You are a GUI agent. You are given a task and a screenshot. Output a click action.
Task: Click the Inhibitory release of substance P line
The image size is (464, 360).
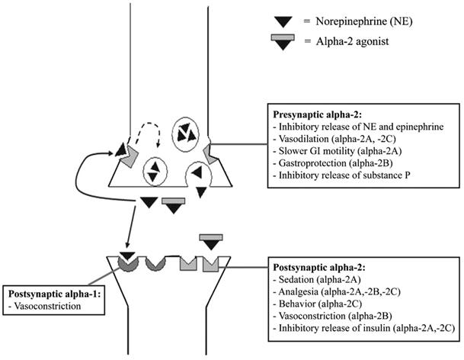click(x=341, y=175)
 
